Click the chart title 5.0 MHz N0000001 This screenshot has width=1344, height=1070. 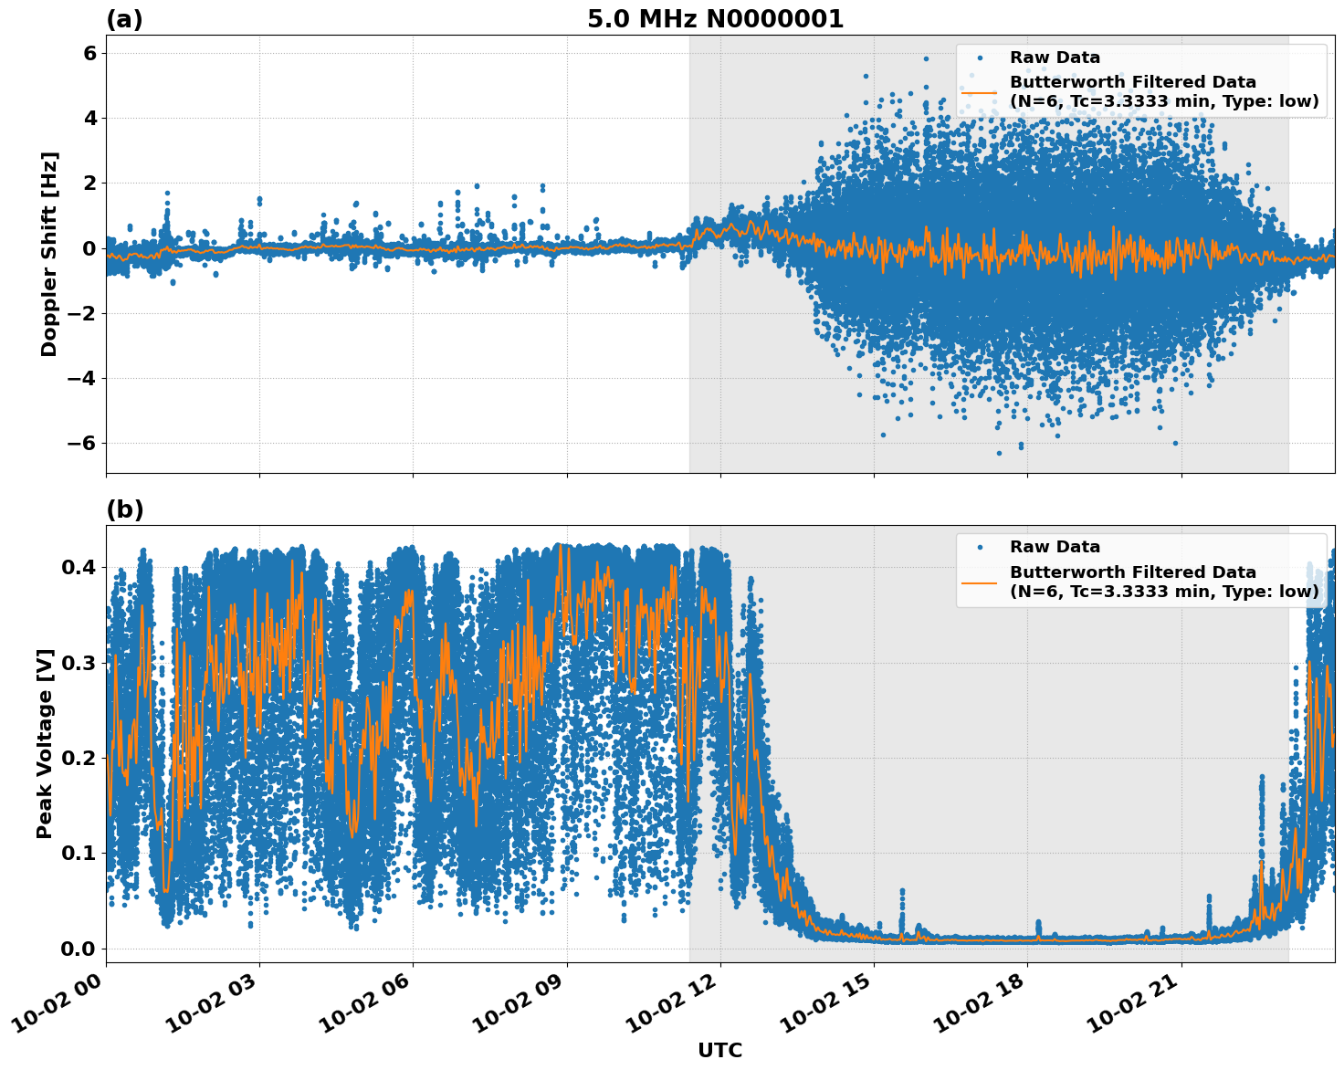[715, 19]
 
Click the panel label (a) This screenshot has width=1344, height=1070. [124, 19]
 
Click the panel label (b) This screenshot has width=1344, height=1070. [124, 509]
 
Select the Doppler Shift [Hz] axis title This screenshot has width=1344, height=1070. [49, 254]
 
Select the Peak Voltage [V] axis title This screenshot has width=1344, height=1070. [45, 743]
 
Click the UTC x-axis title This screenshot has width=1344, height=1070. [719, 1050]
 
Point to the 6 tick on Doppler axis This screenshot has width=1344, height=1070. [89, 53]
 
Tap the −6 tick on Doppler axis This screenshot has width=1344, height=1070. [83, 444]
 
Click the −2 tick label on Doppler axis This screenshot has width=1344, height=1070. [83, 313]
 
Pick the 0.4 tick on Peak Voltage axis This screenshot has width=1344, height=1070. [79, 568]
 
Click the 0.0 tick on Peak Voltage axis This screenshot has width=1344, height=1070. [79, 949]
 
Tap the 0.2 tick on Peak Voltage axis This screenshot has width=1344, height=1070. [79, 759]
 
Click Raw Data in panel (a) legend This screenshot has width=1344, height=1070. [1055, 58]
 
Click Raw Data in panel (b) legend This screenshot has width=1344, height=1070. [1055, 547]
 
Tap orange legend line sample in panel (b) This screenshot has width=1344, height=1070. [980, 582]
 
